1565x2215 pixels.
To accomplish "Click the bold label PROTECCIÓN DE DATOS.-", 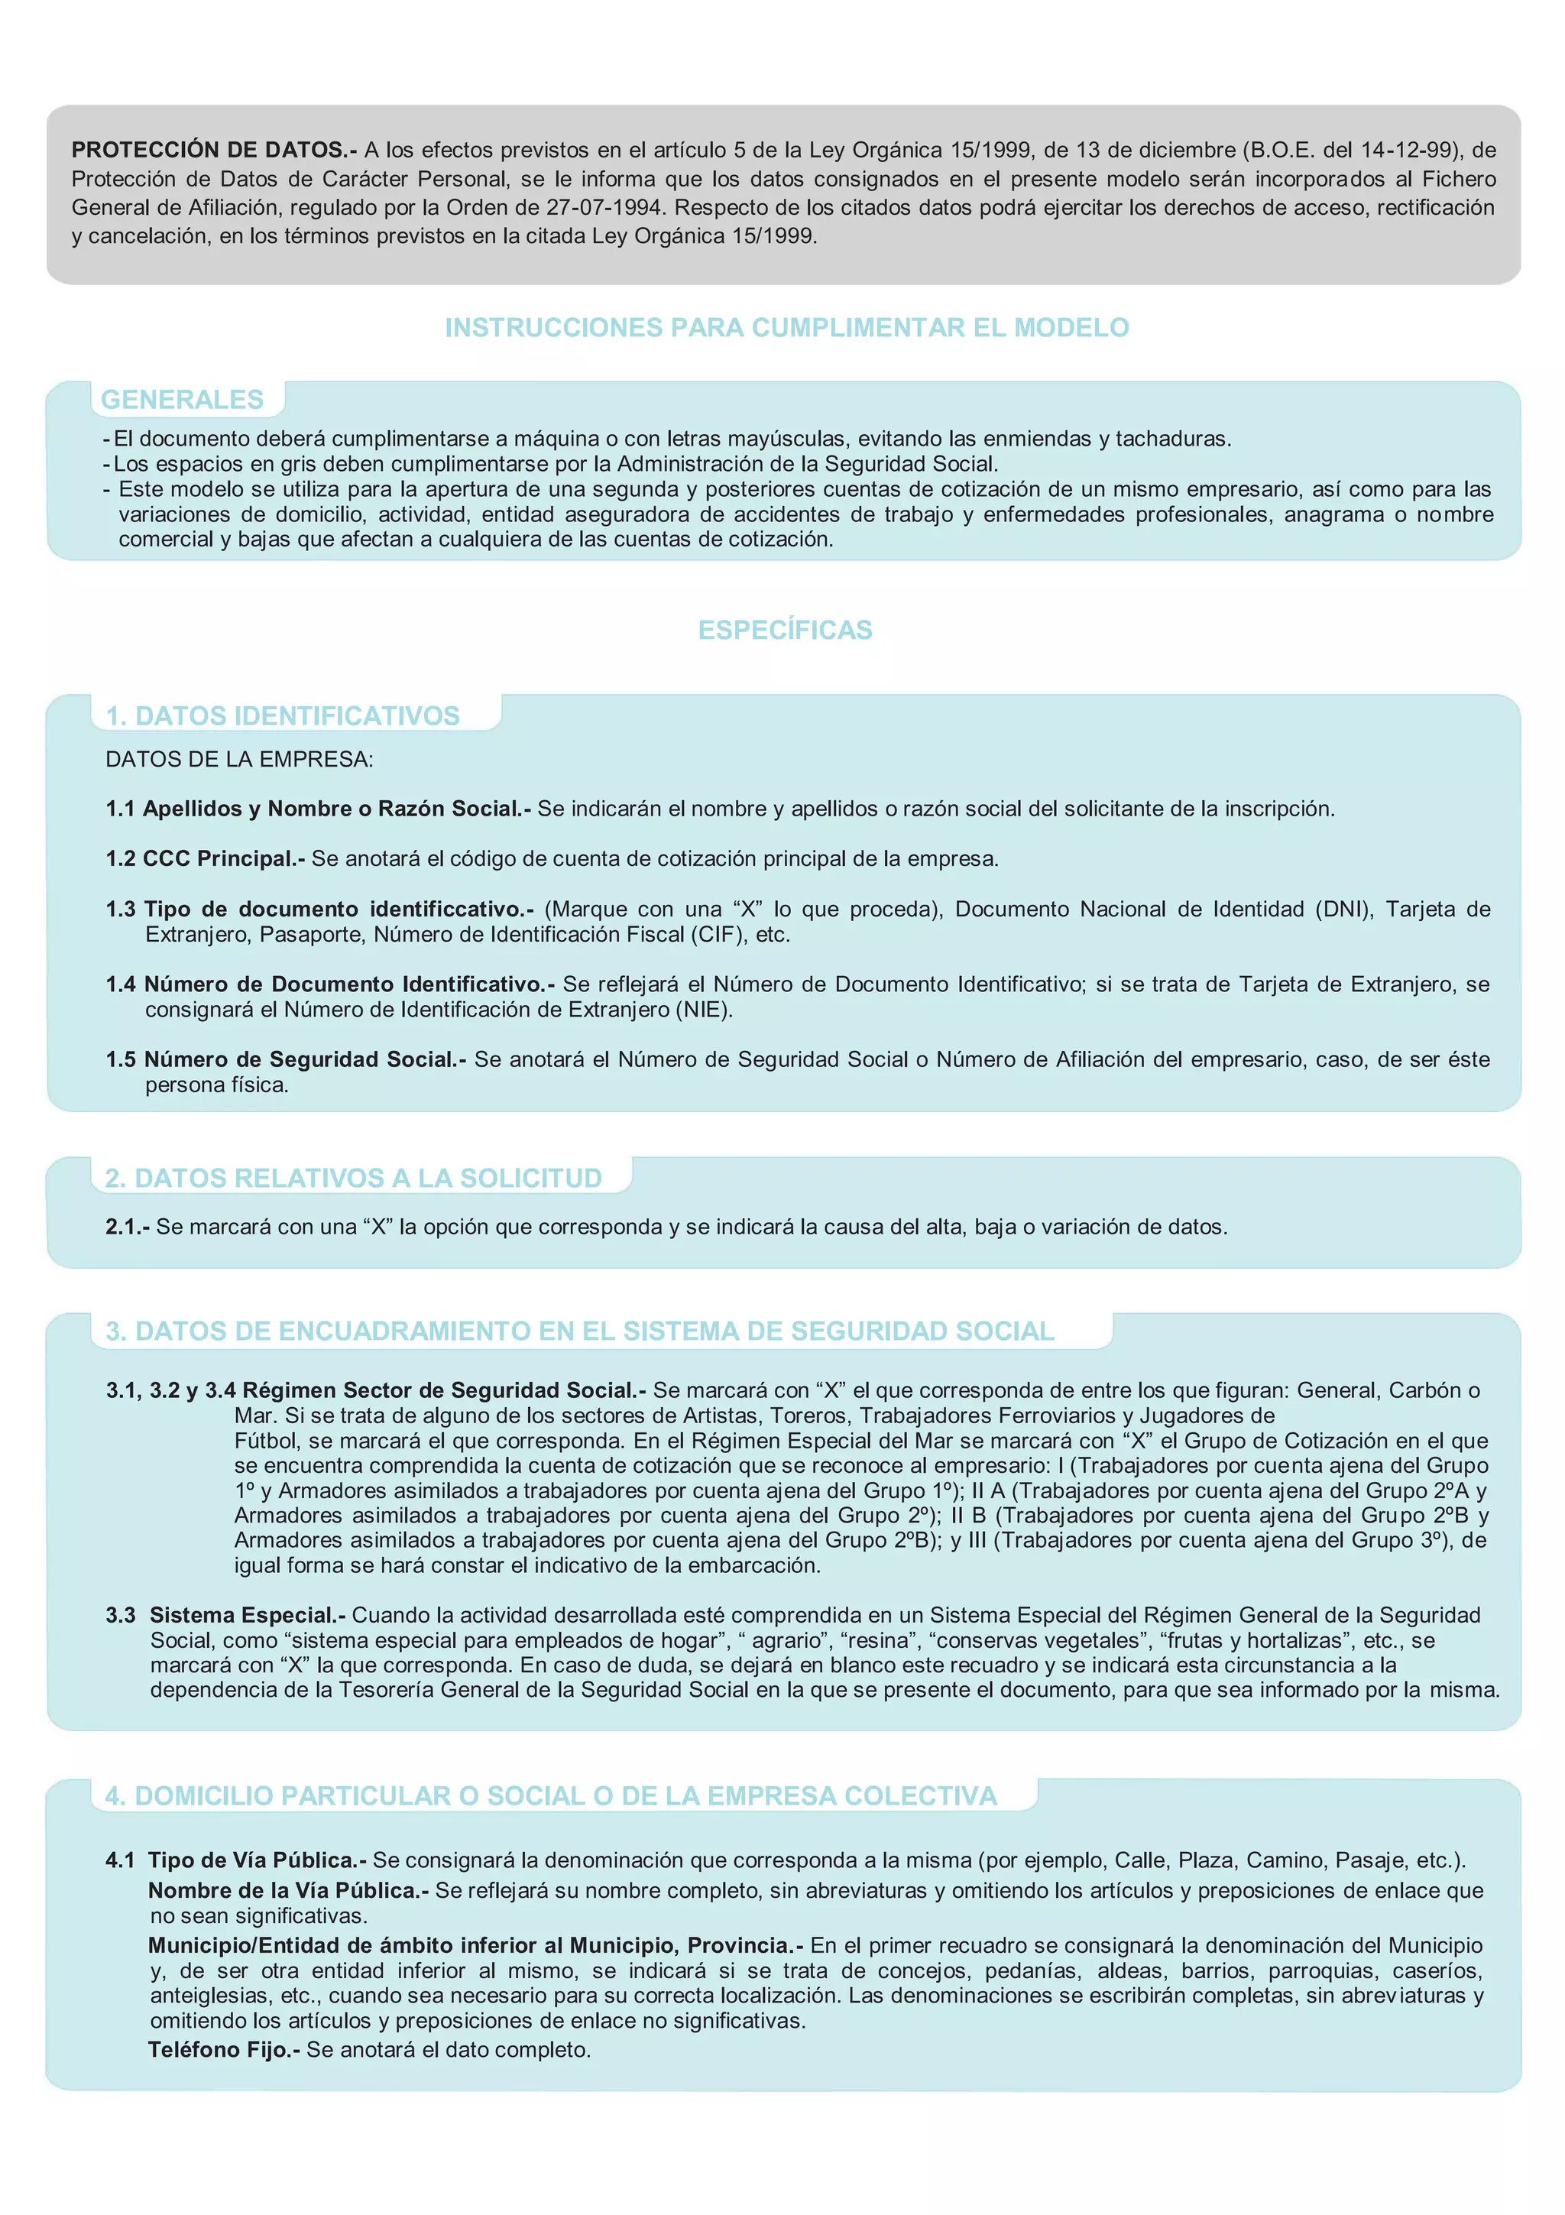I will coord(213,150).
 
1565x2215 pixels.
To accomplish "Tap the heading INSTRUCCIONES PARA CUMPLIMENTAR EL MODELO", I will coord(786,328).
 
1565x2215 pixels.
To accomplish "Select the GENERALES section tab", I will coord(182,400).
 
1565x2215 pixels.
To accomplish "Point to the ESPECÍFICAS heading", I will coord(785,630).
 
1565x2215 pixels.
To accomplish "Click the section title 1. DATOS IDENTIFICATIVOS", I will coord(283,716).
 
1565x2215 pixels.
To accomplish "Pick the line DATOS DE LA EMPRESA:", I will coord(239,759).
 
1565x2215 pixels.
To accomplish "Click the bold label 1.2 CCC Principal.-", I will coord(206,858).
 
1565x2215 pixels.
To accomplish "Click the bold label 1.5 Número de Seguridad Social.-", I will coord(286,1059).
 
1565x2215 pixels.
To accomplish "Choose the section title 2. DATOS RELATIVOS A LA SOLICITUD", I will coord(353,1178).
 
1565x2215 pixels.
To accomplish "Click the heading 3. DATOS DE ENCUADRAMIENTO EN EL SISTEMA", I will coord(578,1331).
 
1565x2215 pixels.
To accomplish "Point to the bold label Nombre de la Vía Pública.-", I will coord(287,1890).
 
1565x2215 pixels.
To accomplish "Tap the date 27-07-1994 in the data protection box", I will coord(604,207).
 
